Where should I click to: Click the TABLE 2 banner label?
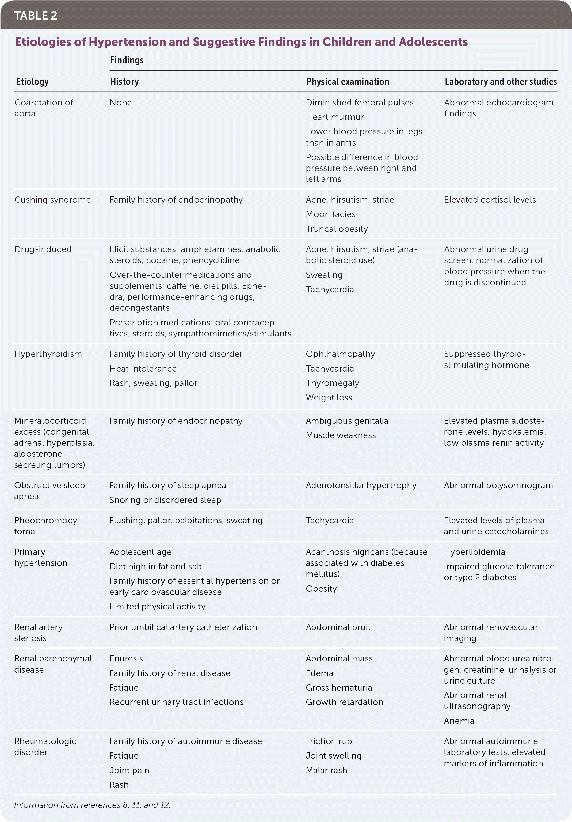click(35, 16)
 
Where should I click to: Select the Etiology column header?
click(32, 82)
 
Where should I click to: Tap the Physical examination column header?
click(348, 82)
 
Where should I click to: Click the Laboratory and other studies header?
click(500, 82)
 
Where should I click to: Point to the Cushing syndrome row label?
click(53, 200)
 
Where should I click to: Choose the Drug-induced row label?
click(43, 249)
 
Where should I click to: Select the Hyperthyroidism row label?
click(48, 354)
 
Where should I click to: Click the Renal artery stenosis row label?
click(38, 632)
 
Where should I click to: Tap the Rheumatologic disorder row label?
click(45, 747)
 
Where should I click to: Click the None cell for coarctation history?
click(121, 103)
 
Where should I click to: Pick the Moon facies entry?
click(330, 214)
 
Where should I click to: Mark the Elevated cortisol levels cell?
click(490, 200)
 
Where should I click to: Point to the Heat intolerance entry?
click(143, 369)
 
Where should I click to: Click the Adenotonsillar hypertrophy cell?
click(361, 486)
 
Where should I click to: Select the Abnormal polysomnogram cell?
click(498, 486)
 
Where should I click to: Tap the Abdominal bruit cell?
click(338, 627)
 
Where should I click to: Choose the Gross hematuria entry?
click(339, 687)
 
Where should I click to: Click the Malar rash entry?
click(326, 770)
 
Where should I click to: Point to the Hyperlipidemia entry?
click(474, 552)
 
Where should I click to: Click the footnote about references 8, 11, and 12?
click(92, 805)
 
